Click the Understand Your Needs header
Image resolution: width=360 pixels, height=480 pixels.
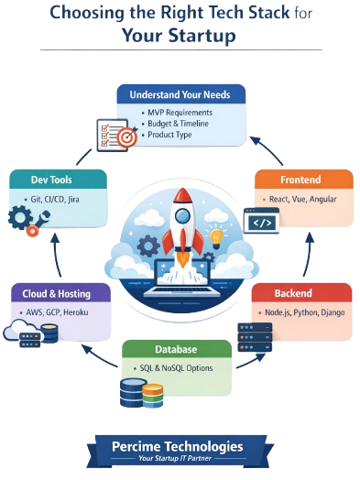(x=180, y=93)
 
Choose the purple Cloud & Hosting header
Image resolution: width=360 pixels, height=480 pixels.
(x=61, y=294)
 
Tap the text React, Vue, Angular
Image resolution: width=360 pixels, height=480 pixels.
(x=301, y=199)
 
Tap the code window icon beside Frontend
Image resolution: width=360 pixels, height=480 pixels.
(x=261, y=222)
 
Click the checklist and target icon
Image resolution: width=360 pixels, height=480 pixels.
(x=116, y=135)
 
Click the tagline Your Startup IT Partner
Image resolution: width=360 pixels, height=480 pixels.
(x=179, y=459)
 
